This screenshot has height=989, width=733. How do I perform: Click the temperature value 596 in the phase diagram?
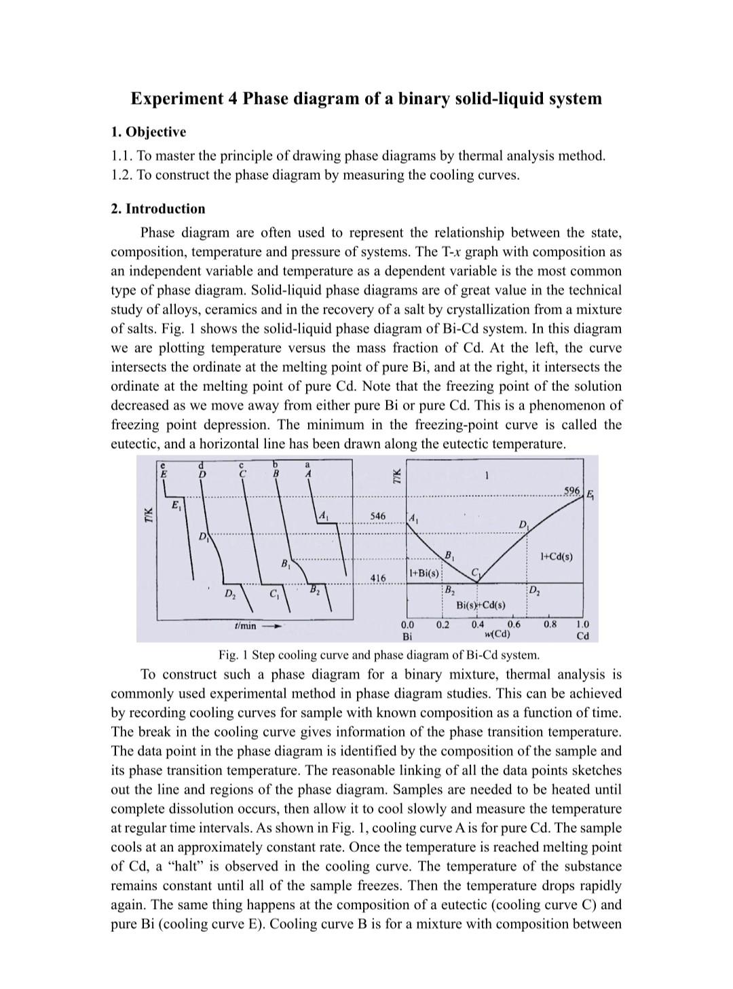[571, 490]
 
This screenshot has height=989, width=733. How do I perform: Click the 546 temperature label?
[377, 517]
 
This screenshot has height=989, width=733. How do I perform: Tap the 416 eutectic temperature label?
[377, 578]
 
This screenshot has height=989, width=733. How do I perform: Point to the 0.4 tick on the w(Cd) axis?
[478, 624]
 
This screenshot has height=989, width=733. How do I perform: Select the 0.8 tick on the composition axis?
[550, 624]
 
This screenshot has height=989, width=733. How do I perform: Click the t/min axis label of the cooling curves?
[244, 626]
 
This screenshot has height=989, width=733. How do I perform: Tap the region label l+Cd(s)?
[556, 557]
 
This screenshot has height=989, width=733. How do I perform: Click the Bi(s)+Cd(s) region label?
[480, 605]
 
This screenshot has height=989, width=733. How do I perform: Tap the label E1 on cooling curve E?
[176, 505]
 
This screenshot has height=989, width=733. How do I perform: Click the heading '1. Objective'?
[148, 132]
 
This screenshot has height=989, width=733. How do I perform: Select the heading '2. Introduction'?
[157, 208]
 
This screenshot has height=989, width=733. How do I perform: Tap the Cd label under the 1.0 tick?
[582, 636]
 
